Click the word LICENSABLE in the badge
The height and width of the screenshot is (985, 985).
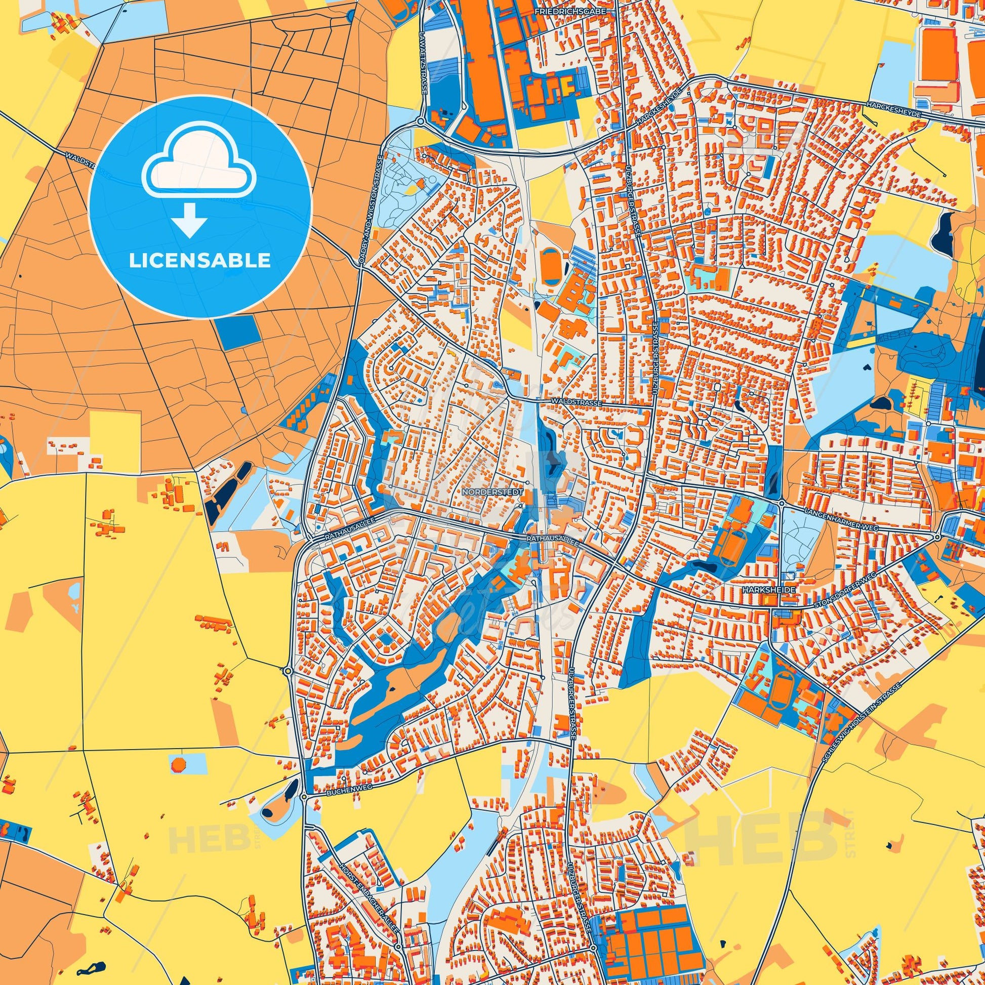click(199, 261)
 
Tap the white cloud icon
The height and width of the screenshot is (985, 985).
click(199, 170)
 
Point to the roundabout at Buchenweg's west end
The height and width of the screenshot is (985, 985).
click(304, 796)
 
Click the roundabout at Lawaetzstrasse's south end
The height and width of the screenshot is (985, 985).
click(421, 122)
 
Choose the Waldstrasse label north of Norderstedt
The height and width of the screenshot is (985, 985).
click(577, 403)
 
